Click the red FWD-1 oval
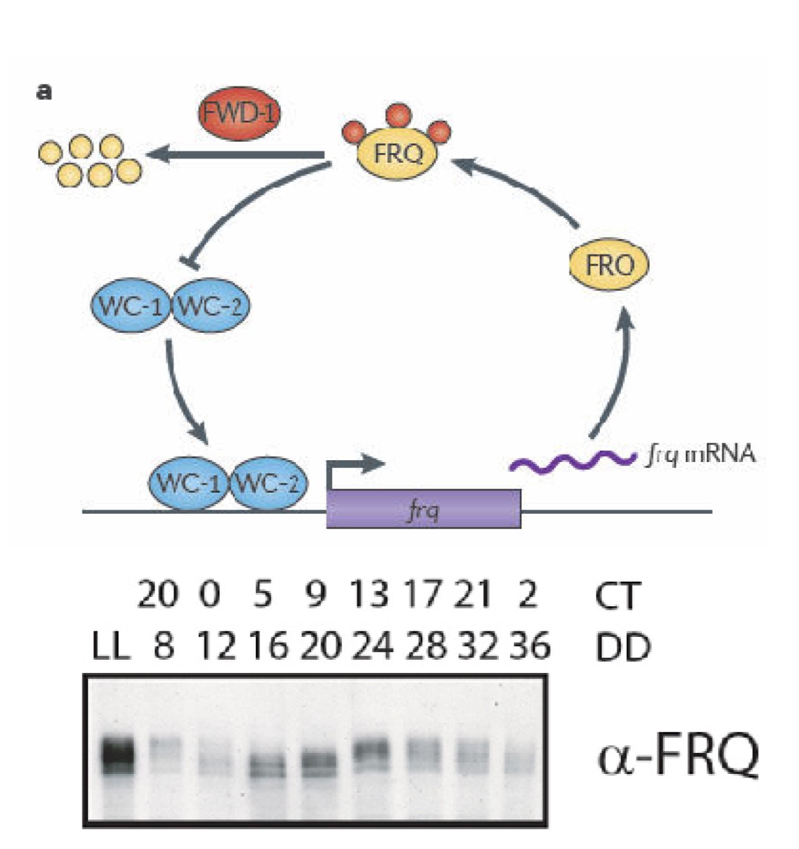point(239,114)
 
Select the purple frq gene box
point(423,509)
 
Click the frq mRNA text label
point(700,454)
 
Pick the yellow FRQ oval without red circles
point(609,264)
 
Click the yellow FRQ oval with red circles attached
point(397,154)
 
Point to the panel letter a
point(44,92)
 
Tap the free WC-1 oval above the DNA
point(130,306)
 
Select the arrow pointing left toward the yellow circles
point(234,155)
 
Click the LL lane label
point(111,648)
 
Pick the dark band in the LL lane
point(117,752)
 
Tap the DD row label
point(622,648)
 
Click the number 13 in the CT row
point(369,595)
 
